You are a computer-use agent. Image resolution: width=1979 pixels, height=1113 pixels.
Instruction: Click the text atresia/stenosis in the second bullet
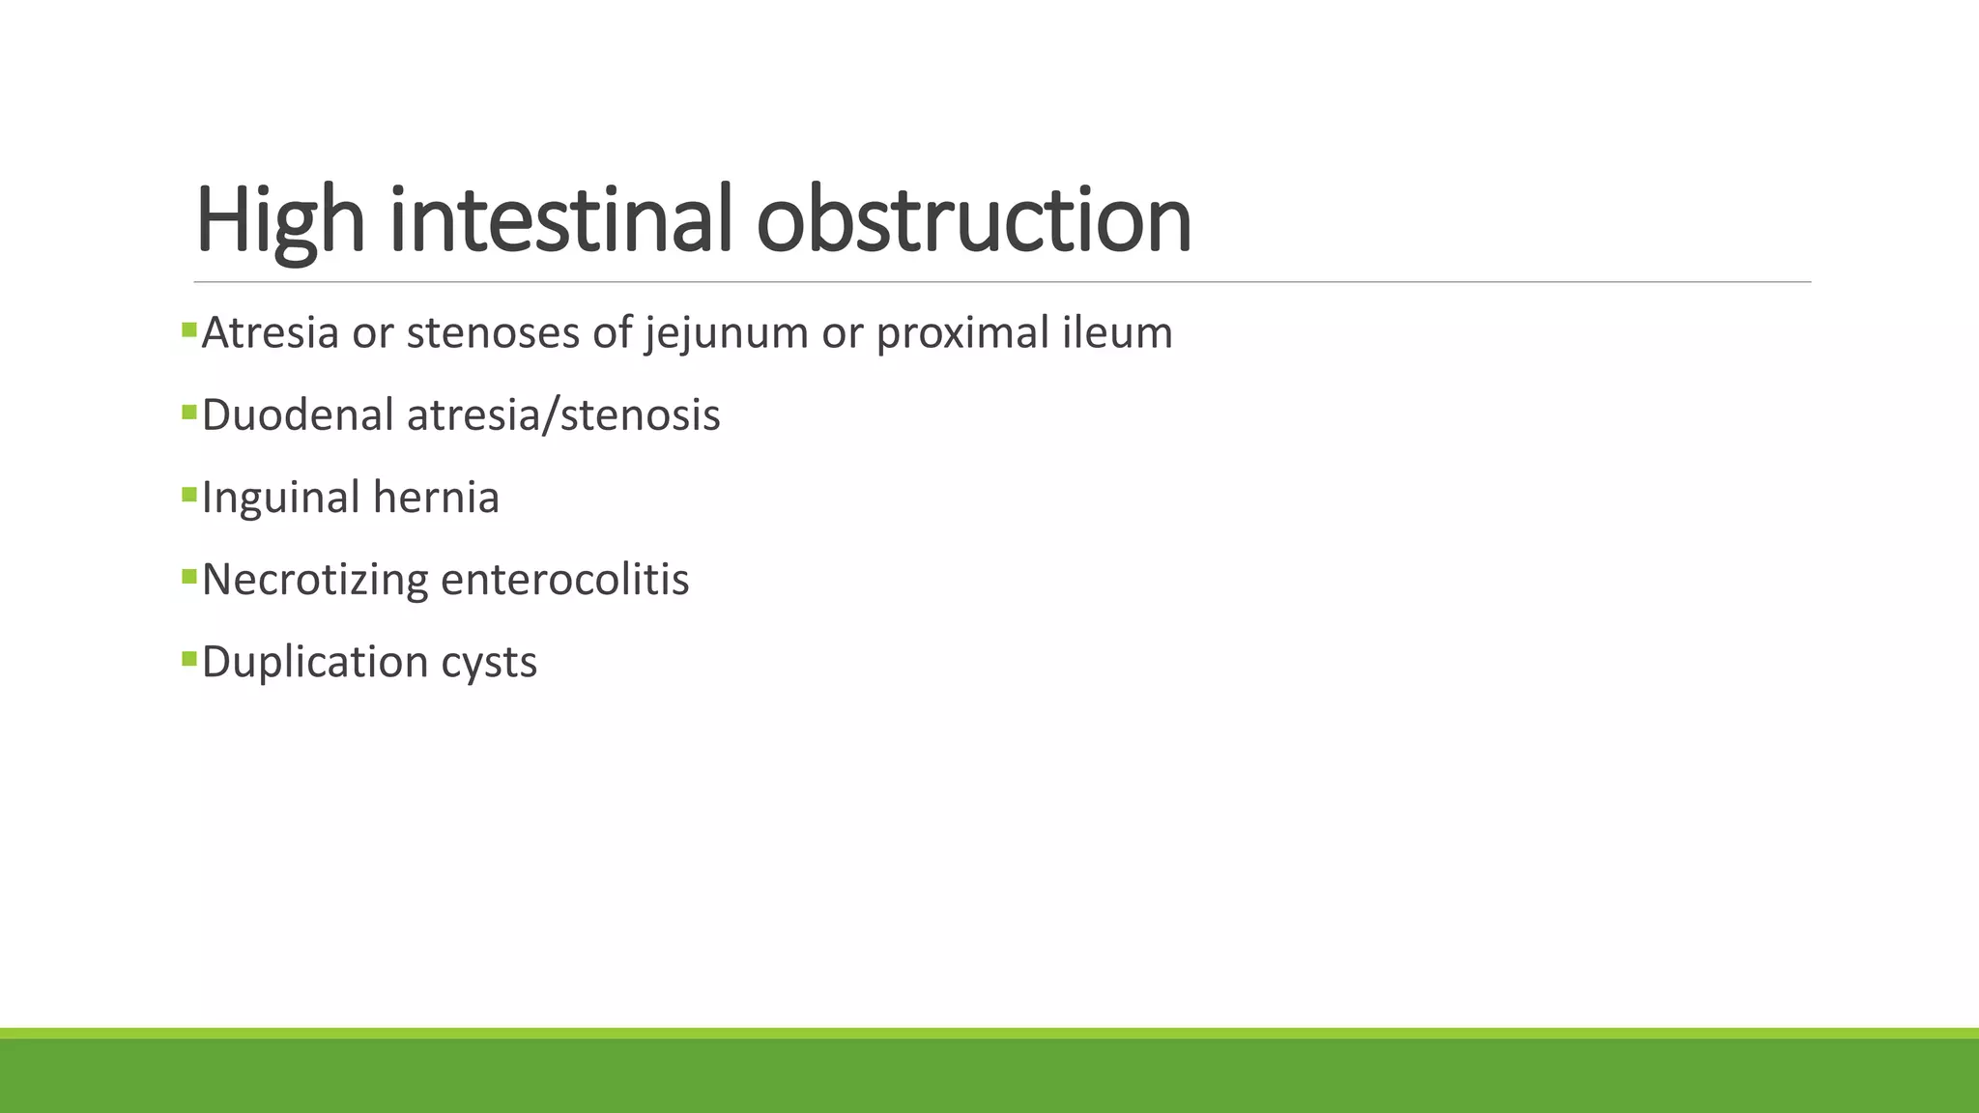coord(563,415)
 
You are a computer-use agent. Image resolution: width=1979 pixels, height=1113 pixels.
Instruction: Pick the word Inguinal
coord(281,498)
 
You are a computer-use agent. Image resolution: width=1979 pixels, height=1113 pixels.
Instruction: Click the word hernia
coord(436,498)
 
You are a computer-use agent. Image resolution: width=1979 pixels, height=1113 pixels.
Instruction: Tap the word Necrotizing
coord(314,580)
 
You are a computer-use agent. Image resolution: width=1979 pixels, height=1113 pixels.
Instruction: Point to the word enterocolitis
coord(564,580)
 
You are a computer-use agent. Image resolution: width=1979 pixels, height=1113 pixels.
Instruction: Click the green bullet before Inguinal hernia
coord(188,495)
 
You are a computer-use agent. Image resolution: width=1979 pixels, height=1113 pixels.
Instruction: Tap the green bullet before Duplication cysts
coord(188,659)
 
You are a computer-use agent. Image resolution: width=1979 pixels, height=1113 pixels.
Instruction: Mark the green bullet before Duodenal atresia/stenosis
coord(188,413)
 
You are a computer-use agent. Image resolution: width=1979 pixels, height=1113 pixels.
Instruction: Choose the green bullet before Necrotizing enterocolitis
coord(188,577)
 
